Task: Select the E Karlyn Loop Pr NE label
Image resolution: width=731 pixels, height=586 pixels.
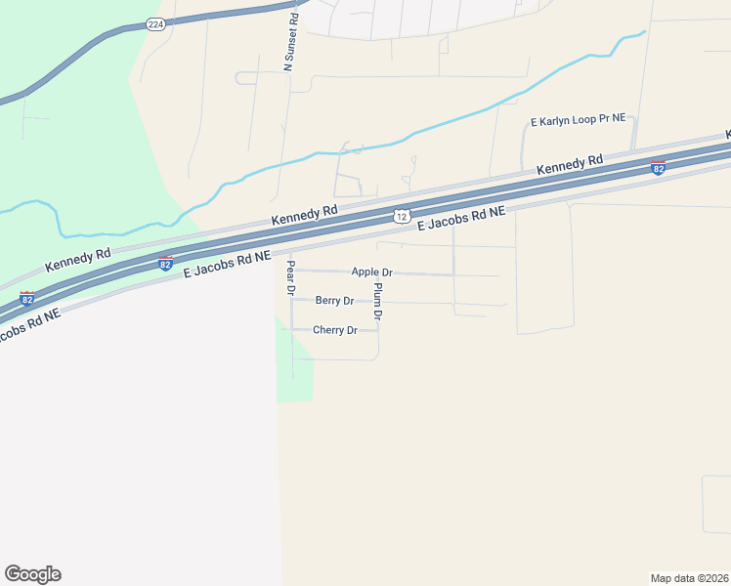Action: (578, 120)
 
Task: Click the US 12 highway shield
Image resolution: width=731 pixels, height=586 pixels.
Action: (402, 215)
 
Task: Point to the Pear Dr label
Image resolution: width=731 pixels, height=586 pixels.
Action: (290, 276)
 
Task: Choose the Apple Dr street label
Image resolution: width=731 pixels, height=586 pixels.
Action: (371, 272)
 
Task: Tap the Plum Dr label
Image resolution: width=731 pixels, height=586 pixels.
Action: (378, 302)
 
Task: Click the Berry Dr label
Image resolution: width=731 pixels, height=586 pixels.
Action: (334, 301)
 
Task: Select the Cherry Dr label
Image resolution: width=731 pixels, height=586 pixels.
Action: (335, 330)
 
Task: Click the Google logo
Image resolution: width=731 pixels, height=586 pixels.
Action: (32, 574)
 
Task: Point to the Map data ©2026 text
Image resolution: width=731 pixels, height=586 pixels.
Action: (689, 577)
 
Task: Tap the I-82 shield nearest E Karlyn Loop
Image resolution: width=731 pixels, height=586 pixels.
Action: (658, 168)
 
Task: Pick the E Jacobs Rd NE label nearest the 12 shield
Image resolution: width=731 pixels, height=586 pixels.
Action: (461, 217)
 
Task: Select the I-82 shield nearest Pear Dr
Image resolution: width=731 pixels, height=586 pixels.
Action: (165, 264)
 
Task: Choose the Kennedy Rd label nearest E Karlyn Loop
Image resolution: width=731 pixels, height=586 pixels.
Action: (571, 165)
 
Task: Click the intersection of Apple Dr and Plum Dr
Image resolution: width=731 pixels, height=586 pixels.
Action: (378, 272)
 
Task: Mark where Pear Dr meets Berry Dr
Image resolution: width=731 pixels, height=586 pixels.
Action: (291, 301)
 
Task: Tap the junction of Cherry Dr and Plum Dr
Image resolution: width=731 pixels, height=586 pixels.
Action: (378, 330)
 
